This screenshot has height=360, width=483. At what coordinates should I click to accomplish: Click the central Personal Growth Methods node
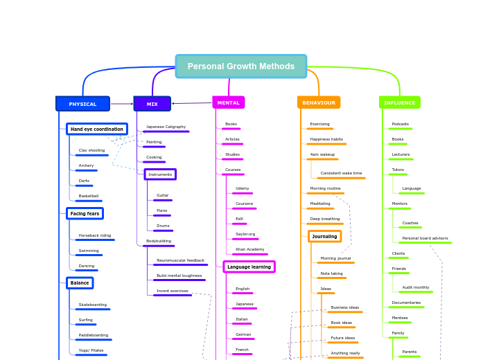click(x=241, y=66)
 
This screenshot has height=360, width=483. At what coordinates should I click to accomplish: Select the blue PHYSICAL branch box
click(x=82, y=104)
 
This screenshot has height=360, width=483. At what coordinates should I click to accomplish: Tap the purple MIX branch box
click(x=152, y=104)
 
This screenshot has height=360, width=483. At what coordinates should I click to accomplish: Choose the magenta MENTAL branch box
click(x=228, y=102)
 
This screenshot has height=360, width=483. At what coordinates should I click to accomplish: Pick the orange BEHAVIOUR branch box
click(x=319, y=102)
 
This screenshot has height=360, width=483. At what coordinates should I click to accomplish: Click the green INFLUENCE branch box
click(x=400, y=102)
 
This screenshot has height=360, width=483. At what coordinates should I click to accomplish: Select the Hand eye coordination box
click(x=97, y=129)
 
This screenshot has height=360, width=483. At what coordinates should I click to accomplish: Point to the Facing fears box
click(x=85, y=214)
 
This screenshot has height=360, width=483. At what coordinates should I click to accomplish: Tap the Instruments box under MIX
click(x=160, y=174)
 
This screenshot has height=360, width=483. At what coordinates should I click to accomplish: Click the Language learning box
click(x=249, y=267)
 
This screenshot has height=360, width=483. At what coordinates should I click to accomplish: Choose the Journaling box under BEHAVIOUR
click(x=324, y=236)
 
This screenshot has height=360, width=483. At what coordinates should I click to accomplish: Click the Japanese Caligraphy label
click(x=166, y=127)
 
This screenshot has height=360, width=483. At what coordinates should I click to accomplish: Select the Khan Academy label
click(x=249, y=249)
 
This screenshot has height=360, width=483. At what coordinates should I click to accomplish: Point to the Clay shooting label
click(x=91, y=150)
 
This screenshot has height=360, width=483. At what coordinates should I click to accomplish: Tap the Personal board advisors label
click(x=425, y=238)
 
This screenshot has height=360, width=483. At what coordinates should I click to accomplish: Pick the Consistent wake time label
click(x=341, y=173)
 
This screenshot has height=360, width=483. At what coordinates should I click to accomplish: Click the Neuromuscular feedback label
click(x=180, y=260)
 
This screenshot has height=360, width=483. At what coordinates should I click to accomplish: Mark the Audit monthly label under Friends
click(x=416, y=287)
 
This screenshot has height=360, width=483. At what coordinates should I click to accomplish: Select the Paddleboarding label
click(x=93, y=335)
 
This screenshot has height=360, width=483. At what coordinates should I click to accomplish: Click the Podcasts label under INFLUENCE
click(x=400, y=124)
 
